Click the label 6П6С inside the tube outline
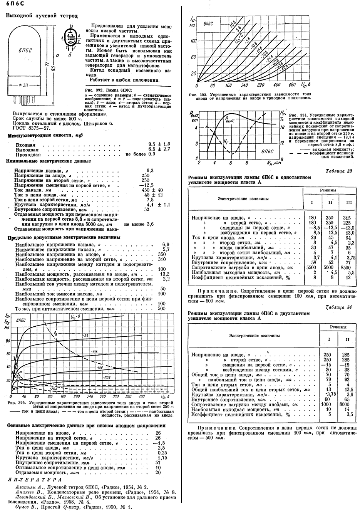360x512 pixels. [25, 50]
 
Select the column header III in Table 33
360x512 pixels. [349, 203]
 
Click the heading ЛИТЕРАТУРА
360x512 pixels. [35, 480]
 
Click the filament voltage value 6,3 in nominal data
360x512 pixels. [150, 170]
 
